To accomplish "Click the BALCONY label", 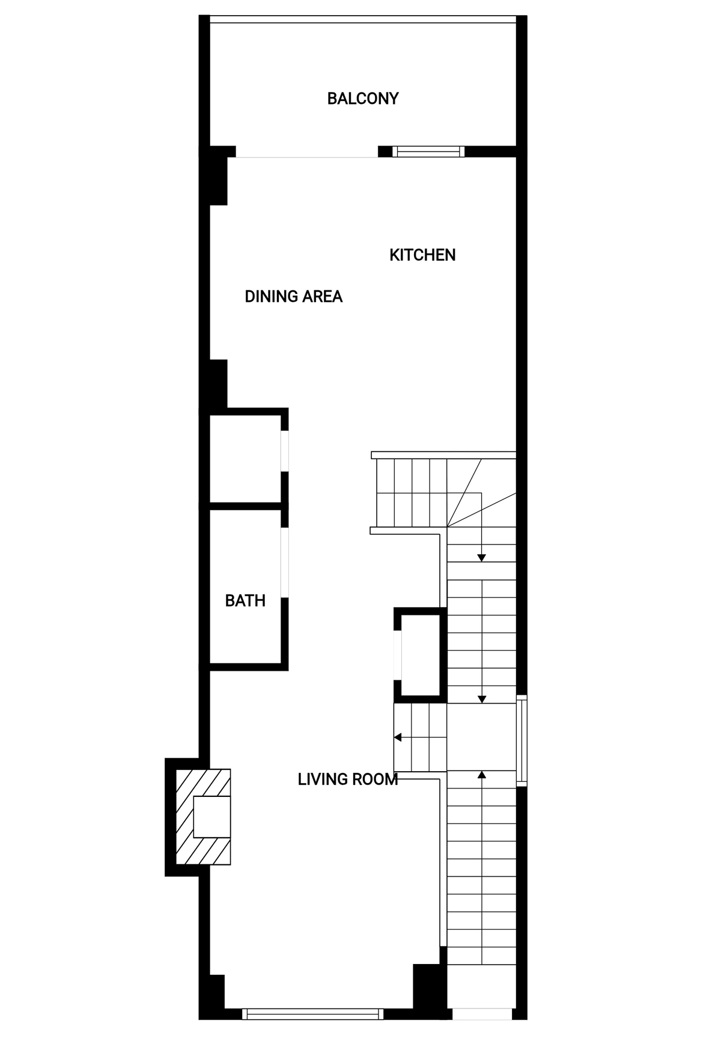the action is pos(363,99).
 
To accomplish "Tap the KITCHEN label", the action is pos(422,255).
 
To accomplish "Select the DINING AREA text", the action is pos(294,296).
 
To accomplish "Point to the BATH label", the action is pos(245,600).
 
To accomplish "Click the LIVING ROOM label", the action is pos(348,780).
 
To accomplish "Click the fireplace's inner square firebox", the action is pos(212,817).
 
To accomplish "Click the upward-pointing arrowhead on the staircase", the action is pos(481,775).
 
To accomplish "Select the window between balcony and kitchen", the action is pos(428,151).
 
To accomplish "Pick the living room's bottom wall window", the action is pos(312,1014).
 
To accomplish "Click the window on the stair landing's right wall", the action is pos(522,740).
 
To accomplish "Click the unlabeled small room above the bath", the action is pos(245,459).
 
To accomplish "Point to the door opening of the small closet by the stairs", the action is pos(397,656).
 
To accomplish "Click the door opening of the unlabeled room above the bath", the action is pos(285,451).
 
